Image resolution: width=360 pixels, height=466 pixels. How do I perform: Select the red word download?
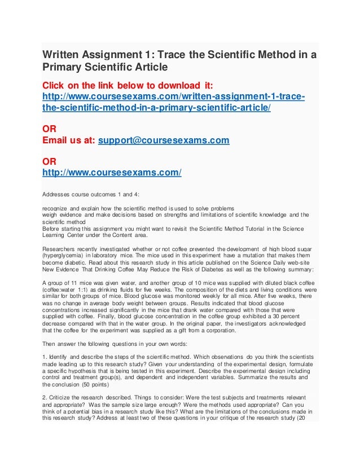click(156, 85)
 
